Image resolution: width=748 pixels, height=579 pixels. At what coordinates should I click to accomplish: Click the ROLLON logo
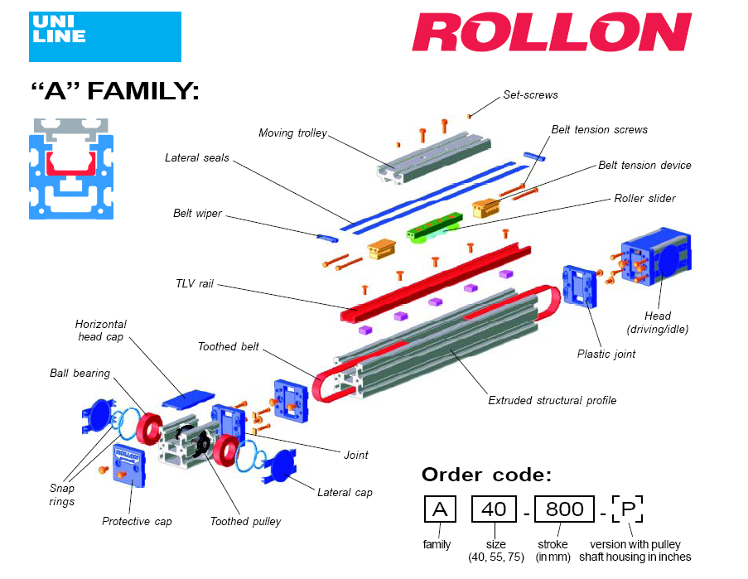tap(551, 33)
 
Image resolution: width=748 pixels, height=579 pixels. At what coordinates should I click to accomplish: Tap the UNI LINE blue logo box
tap(104, 36)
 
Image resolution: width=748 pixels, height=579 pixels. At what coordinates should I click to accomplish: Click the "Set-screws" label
tap(530, 94)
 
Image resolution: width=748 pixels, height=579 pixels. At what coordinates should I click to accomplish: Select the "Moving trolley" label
tap(292, 133)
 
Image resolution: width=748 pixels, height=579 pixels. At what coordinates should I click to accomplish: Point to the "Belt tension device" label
tap(644, 165)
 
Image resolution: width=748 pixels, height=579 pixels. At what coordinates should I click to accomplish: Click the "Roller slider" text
tap(644, 198)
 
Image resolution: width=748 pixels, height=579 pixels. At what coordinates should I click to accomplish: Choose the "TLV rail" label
tap(195, 283)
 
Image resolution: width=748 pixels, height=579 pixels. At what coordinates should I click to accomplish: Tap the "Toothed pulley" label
tap(245, 521)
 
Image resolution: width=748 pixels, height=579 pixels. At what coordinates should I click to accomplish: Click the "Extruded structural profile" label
tap(552, 400)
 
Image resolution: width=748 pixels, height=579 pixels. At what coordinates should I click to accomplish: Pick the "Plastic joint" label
tap(606, 354)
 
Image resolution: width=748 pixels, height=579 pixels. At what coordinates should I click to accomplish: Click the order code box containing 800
tap(564, 509)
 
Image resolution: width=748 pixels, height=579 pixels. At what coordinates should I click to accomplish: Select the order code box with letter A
tap(439, 509)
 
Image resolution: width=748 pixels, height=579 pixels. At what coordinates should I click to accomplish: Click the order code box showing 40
tap(494, 509)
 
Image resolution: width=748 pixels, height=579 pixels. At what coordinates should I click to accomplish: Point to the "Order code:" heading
tap(486, 474)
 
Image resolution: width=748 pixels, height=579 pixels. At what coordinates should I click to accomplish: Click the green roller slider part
tap(433, 224)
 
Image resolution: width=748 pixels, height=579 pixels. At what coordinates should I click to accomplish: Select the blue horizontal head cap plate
tap(187, 399)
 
